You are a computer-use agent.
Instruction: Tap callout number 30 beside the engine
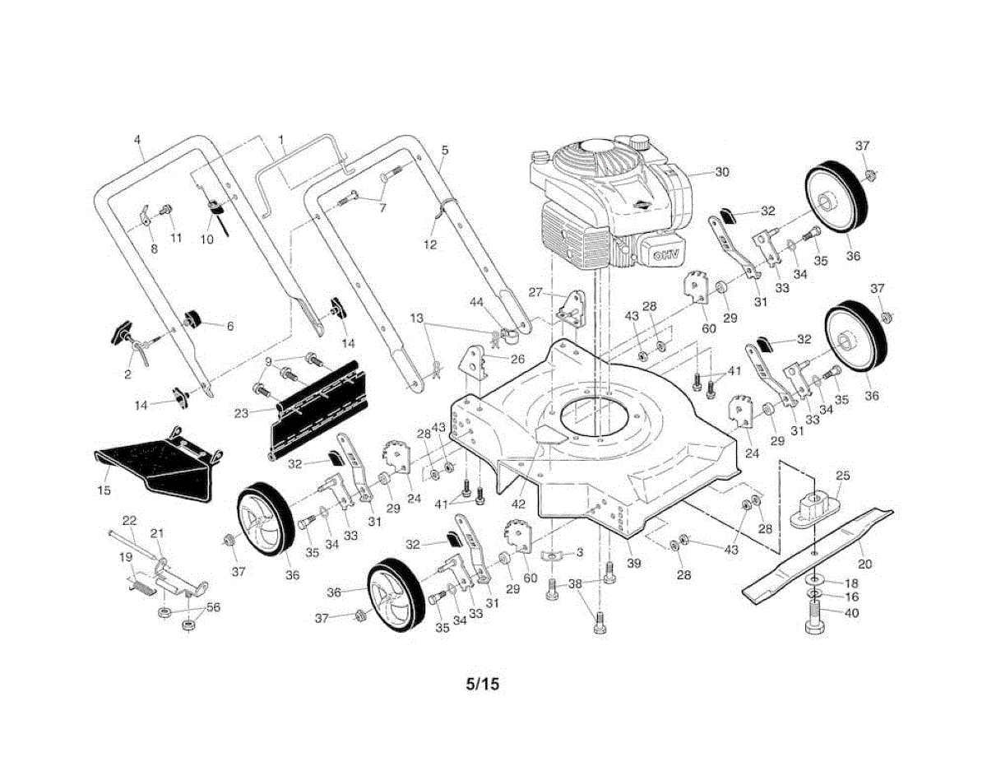721,173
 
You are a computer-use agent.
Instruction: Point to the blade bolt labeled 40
814,619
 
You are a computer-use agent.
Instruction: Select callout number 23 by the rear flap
241,414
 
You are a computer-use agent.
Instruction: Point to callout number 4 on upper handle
137,140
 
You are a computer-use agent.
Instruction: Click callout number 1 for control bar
280,140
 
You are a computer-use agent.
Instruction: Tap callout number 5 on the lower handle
445,151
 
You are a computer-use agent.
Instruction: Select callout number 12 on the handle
431,244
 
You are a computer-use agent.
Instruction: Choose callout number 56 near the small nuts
213,607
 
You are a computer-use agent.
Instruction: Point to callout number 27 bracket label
535,292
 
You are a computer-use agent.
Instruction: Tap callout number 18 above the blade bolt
852,582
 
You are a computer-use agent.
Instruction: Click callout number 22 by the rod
129,520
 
